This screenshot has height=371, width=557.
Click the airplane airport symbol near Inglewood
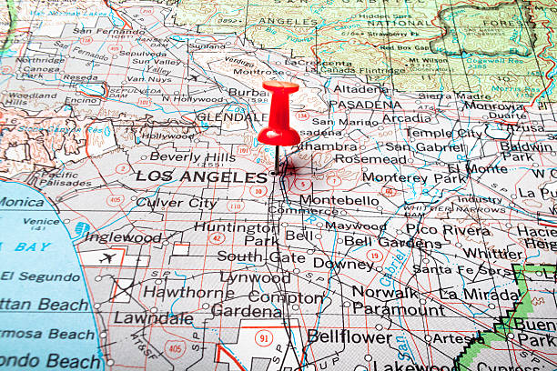point(109,257)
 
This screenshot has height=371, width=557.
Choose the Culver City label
point(177,203)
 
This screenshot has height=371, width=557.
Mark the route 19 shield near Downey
point(374,256)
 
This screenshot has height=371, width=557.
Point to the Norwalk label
point(384,293)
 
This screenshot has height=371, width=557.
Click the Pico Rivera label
point(447,230)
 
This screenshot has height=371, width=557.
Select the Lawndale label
point(153,318)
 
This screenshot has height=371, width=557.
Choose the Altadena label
point(360,89)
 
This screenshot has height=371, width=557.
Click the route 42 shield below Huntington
point(216,238)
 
